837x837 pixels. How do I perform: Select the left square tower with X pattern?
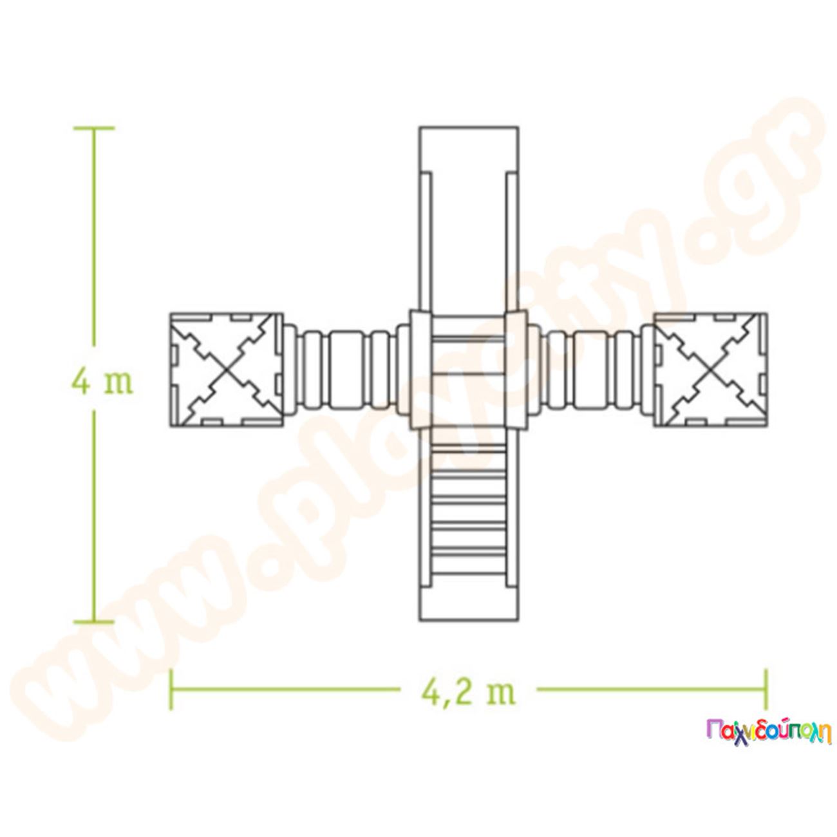point(226,369)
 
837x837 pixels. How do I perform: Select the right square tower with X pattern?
point(710,369)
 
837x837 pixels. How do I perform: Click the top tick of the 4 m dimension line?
point(94,128)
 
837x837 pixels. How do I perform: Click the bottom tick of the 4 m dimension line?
point(94,621)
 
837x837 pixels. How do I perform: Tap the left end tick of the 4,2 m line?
point(171,690)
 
